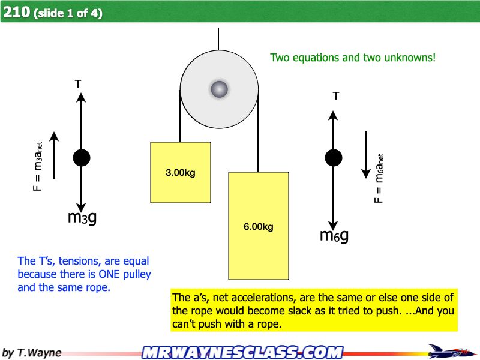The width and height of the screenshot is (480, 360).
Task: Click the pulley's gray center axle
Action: (219, 89)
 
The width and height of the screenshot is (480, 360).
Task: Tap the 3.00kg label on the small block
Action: (181, 173)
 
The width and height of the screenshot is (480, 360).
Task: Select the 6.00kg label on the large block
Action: (259, 227)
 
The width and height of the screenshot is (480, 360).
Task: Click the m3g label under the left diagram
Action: (82, 217)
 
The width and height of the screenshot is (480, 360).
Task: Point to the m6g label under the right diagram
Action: (334, 235)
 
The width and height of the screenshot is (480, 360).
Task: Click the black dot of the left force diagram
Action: (82, 158)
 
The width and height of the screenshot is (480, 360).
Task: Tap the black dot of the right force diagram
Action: (334, 158)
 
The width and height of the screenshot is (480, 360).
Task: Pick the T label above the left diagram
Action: (78, 83)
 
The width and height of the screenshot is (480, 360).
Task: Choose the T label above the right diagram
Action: (336, 96)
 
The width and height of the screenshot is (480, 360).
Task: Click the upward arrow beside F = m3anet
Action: (54, 155)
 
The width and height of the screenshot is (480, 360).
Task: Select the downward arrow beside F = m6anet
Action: (366, 155)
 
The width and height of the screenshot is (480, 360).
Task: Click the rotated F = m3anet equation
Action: (38, 167)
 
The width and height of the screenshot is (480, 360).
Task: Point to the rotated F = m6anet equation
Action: (379, 178)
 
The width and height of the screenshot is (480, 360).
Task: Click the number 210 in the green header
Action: (17, 12)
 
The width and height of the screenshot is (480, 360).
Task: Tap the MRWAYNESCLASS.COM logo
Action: (243, 352)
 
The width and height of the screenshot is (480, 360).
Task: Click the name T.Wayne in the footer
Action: (39, 353)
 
